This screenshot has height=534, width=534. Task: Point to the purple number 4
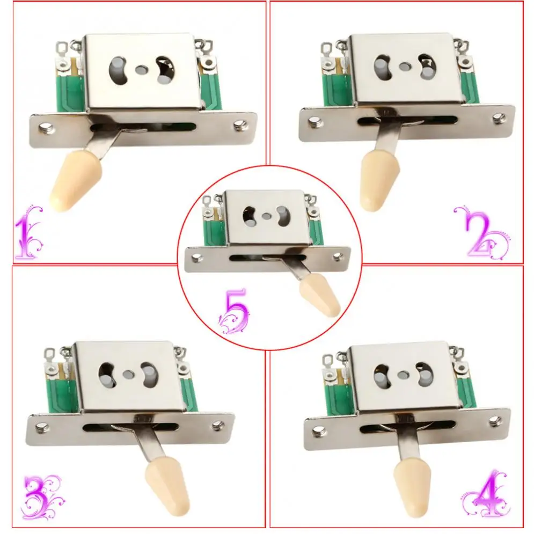click(x=487, y=493)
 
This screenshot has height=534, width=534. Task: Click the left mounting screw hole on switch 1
click(x=45, y=128)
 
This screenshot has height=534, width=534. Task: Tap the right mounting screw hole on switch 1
click(x=239, y=125)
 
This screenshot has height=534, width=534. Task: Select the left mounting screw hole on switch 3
click(x=42, y=427)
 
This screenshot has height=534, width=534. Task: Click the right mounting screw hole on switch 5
click(x=338, y=256)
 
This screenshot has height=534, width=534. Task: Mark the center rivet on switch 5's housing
click(x=266, y=216)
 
